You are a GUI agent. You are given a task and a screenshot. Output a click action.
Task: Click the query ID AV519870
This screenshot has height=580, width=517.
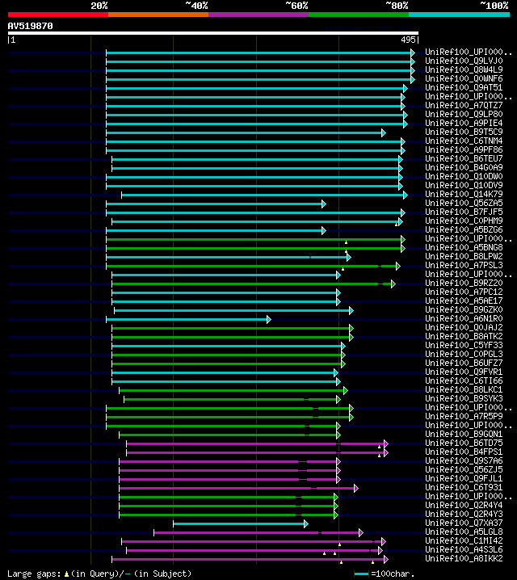(x=30, y=26)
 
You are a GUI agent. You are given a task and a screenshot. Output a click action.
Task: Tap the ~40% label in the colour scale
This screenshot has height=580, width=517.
(x=196, y=6)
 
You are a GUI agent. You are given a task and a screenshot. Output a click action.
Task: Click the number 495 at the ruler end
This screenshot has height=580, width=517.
(x=407, y=39)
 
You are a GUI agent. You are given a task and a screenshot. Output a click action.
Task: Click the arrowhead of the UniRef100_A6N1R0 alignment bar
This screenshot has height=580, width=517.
(x=269, y=319)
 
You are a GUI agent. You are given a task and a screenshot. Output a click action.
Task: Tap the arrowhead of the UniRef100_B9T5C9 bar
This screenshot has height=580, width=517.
(x=384, y=132)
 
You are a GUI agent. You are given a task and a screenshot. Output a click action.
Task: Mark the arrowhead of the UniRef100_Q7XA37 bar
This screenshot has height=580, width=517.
(x=305, y=523)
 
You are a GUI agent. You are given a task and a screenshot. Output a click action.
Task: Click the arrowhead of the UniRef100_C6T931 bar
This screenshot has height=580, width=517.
(x=355, y=488)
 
